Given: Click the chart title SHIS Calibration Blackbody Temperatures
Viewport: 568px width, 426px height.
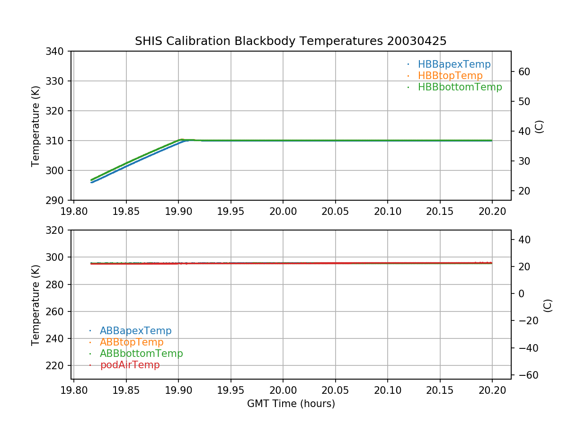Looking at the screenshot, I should [x=291, y=41].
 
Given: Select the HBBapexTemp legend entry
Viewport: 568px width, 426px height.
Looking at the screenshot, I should [x=454, y=64].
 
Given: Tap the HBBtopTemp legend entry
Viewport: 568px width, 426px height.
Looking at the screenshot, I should [x=450, y=76].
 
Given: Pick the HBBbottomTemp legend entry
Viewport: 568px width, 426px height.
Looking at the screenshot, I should [x=460, y=87].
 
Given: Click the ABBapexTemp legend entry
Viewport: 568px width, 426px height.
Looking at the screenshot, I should [x=135, y=331].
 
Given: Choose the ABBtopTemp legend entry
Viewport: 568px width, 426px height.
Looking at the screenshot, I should [x=132, y=342].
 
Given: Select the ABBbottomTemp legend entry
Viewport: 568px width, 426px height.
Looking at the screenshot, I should [x=141, y=354].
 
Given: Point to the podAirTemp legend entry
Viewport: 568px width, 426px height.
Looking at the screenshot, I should [x=130, y=365].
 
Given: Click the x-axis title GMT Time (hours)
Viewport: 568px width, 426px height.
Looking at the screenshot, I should [x=291, y=404].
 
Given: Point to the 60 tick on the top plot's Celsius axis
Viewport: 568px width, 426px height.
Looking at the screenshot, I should [x=524, y=72].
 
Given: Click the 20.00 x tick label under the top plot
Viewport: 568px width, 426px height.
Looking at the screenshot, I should [x=283, y=210].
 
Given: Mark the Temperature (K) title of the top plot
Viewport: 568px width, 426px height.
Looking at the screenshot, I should [x=35, y=126].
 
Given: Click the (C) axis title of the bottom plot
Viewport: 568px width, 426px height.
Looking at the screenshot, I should [x=548, y=305].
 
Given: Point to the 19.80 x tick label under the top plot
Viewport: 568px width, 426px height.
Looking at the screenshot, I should [x=74, y=210].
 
